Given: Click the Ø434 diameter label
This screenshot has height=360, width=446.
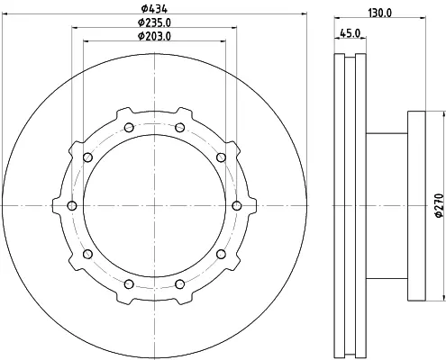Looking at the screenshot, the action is (154, 9).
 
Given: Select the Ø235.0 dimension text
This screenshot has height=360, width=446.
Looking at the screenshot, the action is (154, 22).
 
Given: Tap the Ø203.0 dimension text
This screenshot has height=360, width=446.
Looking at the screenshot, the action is (154, 36).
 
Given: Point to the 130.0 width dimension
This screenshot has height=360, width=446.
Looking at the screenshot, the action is (380, 13).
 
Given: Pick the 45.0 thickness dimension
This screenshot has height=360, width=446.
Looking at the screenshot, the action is (350, 33).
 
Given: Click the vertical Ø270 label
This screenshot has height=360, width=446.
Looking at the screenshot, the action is (439, 205).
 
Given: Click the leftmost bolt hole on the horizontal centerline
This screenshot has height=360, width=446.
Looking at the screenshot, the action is (72, 206).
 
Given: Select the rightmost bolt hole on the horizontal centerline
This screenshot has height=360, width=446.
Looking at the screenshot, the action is (237, 206).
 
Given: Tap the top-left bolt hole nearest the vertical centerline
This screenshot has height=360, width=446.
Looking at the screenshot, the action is (129, 128).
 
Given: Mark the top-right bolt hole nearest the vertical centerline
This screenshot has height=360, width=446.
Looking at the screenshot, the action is (179, 128).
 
